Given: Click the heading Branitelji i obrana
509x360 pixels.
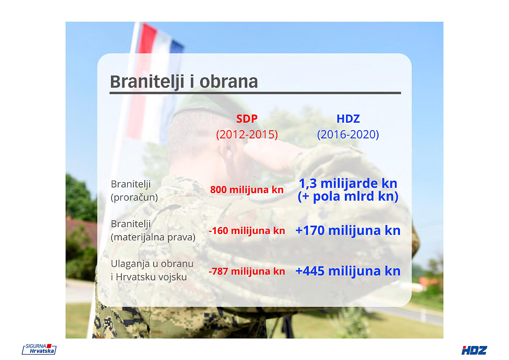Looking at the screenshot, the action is (184, 82).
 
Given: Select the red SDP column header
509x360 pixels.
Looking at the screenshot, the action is (247, 119).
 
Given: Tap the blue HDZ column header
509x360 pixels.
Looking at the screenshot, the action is (348, 119).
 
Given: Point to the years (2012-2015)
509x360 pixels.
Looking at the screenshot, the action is (247, 135).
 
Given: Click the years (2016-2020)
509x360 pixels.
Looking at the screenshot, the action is (348, 135).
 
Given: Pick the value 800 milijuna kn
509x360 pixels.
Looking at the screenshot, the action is (247, 190).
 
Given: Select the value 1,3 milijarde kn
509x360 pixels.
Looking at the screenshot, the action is (348, 183).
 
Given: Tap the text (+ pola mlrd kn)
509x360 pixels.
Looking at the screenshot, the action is (348, 196).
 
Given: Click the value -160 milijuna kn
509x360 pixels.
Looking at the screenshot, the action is (247, 231).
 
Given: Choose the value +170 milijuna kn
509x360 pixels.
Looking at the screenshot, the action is (348, 231).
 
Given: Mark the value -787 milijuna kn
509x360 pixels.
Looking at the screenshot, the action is (247, 271).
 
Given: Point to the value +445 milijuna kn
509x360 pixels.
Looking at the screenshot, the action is (348, 271).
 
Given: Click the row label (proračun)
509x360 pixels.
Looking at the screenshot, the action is (134, 197).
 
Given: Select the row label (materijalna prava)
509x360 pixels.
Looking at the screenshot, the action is (153, 237).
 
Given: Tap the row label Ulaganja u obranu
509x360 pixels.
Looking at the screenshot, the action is (152, 264).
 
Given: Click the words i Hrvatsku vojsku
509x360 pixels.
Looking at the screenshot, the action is (149, 277).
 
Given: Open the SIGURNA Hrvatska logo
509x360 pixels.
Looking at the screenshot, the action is (39, 349).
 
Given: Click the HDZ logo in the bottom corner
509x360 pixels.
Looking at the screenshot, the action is (474, 351).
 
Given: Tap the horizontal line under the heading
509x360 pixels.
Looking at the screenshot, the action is (255, 93).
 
